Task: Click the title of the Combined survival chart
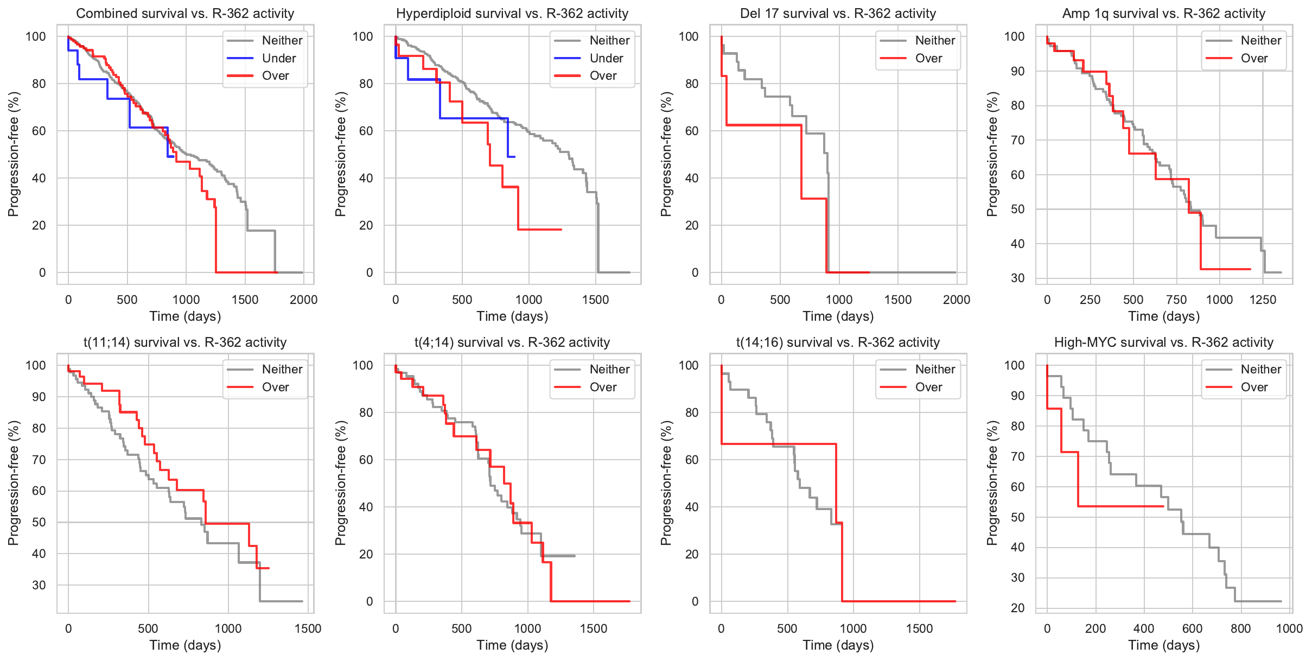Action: (x=185, y=14)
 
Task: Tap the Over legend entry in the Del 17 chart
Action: (x=928, y=58)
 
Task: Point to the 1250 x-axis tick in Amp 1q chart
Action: (x=1262, y=300)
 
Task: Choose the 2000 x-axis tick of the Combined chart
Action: (x=303, y=300)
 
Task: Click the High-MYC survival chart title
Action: (x=1163, y=342)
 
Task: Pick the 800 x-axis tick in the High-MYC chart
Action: (x=1240, y=628)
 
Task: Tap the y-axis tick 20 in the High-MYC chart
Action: (x=1017, y=608)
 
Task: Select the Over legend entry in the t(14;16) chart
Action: (x=928, y=387)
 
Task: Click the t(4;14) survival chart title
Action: (x=512, y=342)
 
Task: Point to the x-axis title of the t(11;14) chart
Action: (x=185, y=645)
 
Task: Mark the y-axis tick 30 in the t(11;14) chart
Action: (x=39, y=585)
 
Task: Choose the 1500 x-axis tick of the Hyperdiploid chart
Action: (x=595, y=300)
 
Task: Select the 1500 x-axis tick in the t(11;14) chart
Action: (x=308, y=628)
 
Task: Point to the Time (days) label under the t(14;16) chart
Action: (x=838, y=645)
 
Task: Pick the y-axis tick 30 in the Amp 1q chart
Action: (x=1017, y=278)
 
